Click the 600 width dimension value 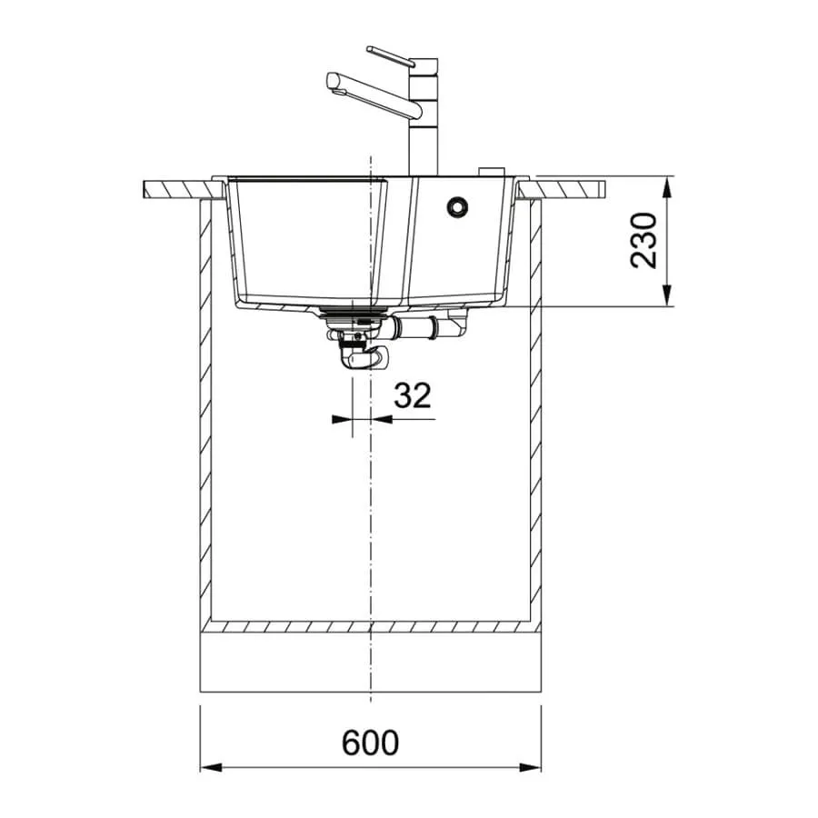point(370,743)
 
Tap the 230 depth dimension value point(643,241)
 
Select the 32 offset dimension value point(412,395)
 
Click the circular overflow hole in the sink point(458,205)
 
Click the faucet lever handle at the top point(391,55)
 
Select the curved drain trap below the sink point(360,354)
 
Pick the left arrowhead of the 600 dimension point(211,767)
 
